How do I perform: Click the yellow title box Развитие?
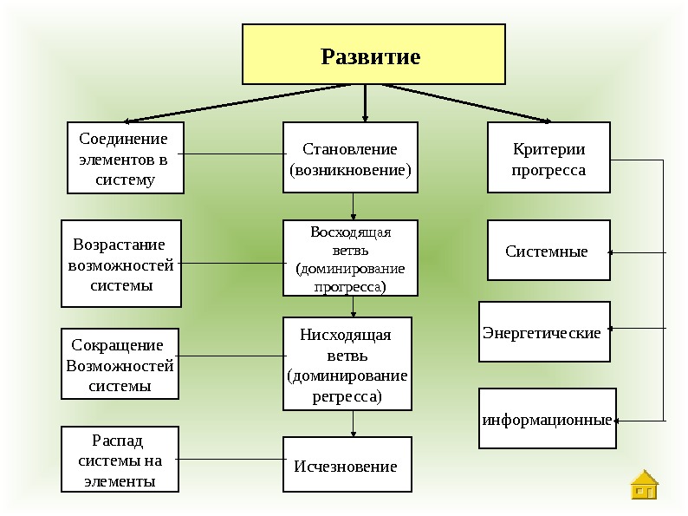point(373,54)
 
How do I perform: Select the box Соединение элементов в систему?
point(125,158)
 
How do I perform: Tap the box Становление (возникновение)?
point(350,158)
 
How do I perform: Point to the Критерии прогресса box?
point(548,158)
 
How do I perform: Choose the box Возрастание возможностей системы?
point(120,264)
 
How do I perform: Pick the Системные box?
point(548,251)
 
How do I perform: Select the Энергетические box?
point(545,331)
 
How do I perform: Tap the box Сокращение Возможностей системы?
point(120,364)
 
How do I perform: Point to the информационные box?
point(547,419)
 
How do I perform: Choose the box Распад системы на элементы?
point(120,460)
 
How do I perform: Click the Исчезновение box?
point(347,465)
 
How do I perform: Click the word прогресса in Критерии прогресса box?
point(548,170)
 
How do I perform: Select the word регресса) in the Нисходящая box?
point(347,397)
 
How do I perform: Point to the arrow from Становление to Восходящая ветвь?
point(354,206)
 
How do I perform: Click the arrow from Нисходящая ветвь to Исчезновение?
point(354,423)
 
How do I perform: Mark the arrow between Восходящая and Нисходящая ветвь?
point(354,306)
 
